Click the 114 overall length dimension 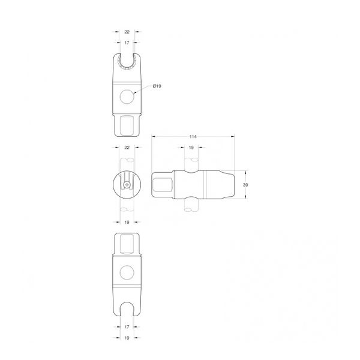(193, 137)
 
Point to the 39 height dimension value (245, 185)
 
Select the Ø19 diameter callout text (157, 86)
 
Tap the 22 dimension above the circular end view (127, 148)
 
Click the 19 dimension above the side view (191, 148)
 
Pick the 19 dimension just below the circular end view (127, 222)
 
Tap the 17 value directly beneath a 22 (127, 43)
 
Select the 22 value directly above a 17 (127, 32)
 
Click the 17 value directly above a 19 (127, 327)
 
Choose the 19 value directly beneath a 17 (127, 338)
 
